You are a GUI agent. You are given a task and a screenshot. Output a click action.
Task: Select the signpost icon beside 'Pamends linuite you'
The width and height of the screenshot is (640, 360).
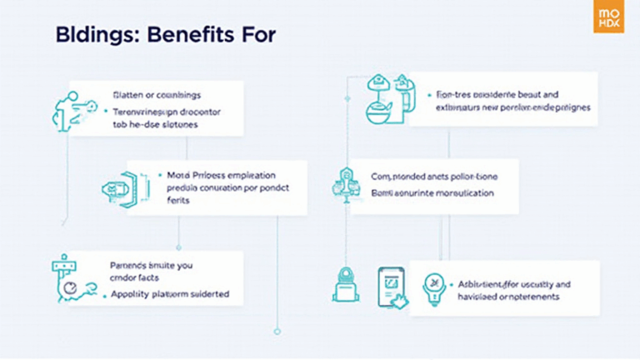(x=67, y=278)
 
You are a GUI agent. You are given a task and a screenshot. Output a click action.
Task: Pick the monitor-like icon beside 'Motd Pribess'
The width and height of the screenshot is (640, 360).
(x=117, y=187)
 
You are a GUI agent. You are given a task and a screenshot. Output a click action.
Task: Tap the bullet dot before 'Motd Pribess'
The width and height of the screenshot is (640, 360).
(x=159, y=176)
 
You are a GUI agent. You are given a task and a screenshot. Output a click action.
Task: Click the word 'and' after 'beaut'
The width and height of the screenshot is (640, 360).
(x=550, y=95)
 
